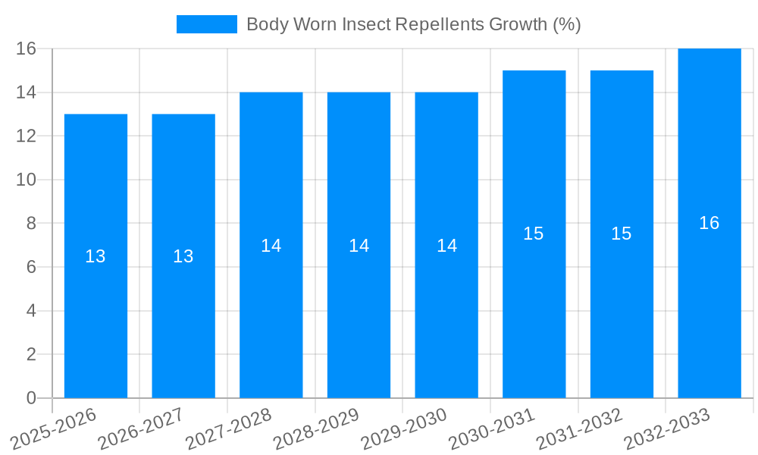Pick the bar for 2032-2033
(x=709, y=303)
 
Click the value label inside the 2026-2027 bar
(x=183, y=256)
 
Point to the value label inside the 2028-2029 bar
(x=359, y=246)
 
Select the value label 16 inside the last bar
(x=709, y=223)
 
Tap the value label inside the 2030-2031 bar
(x=534, y=234)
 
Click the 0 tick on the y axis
(x=31, y=398)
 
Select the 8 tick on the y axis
(x=31, y=224)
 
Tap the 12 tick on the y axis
(x=27, y=136)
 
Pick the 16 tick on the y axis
(x=27, y=49)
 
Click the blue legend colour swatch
(x=207, y=24)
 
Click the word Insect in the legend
(x=367, y=24)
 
